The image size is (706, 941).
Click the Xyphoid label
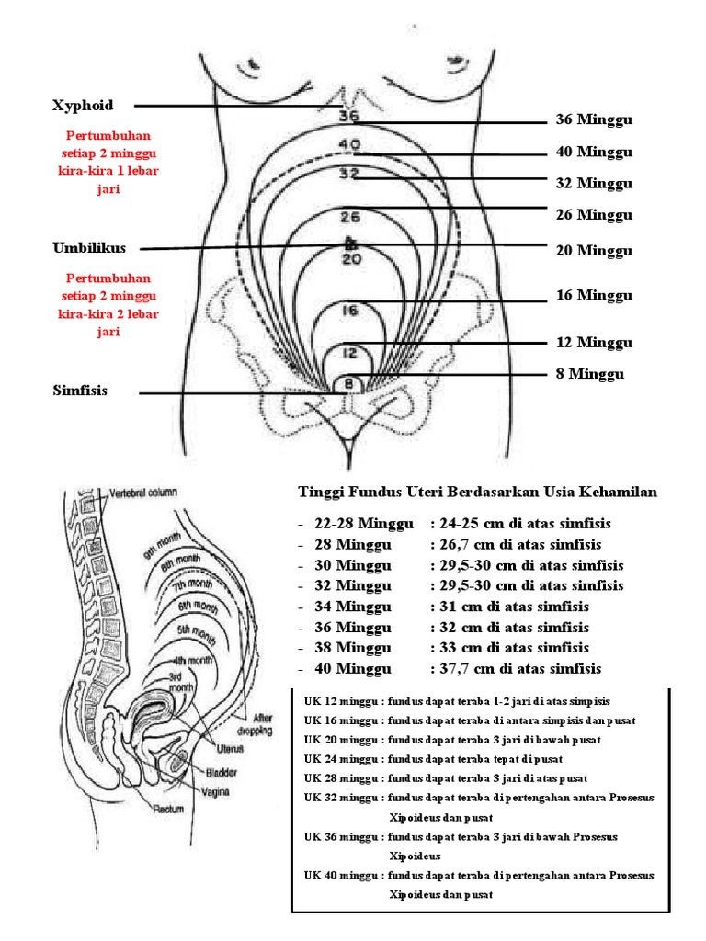pyautogui.click(x=83, y=106)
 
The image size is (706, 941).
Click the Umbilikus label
pyautogui.click(x=89, y=248)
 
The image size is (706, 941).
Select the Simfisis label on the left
pyautogui.click(x=80, y=391)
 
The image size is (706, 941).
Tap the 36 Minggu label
pyautogui.click(x=594, y=120)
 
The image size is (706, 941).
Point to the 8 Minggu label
pyautogui.click(x=588, y=374)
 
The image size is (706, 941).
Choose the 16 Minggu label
pyautogui.click(x=594, y=296)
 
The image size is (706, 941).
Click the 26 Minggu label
pyautogui.click(x=594, y=215)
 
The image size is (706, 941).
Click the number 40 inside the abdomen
pyautogui.click(x=349, y=144)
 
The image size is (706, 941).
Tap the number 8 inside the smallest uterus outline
pyautogui.click(x=348, y=383)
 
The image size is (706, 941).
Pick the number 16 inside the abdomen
pyautogui.click(x=349, y=311)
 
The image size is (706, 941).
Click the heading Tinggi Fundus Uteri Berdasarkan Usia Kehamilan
pyautogui.click(x=478, y=493)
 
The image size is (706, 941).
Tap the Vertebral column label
pyautogui.click(x=143, y=492)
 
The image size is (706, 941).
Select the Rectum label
pyautogui.click(x=168, y=810)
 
